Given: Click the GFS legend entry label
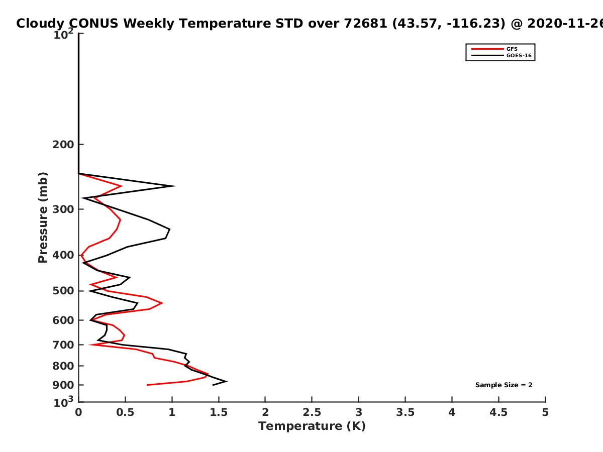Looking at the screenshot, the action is click(512, 49).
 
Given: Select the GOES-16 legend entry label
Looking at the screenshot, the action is click(519, 55).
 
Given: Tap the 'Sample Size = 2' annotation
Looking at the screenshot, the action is click(504, 385).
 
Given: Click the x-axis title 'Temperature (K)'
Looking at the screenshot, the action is click(312, 426).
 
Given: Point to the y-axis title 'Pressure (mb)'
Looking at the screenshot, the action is click(43, 217).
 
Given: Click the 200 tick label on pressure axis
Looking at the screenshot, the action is click(63, 144).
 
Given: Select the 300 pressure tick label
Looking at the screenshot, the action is click(63, 209).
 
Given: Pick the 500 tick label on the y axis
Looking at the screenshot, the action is click(63, 291).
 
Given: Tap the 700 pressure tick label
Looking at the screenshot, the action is click(63, 345).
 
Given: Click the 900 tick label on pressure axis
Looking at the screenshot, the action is click(63, 385).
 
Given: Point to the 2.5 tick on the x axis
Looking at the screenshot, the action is click(312, 412).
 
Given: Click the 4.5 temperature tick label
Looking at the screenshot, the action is click(498, 412).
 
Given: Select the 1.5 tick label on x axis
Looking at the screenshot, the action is click(219, 412).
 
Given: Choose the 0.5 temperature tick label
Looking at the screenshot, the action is click(125, 412).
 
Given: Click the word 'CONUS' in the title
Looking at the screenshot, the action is click(93, 23).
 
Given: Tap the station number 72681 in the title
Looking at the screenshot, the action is click(366, 23).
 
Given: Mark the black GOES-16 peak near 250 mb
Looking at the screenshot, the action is click(175, 186).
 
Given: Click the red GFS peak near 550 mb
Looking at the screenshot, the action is click(162, 303).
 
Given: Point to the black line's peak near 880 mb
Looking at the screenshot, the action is click(226, 381).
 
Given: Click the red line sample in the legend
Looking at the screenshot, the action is click(487, 49).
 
